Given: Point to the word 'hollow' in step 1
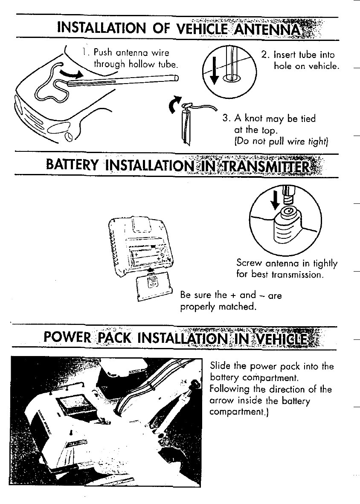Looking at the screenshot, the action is [x=133, y=65].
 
